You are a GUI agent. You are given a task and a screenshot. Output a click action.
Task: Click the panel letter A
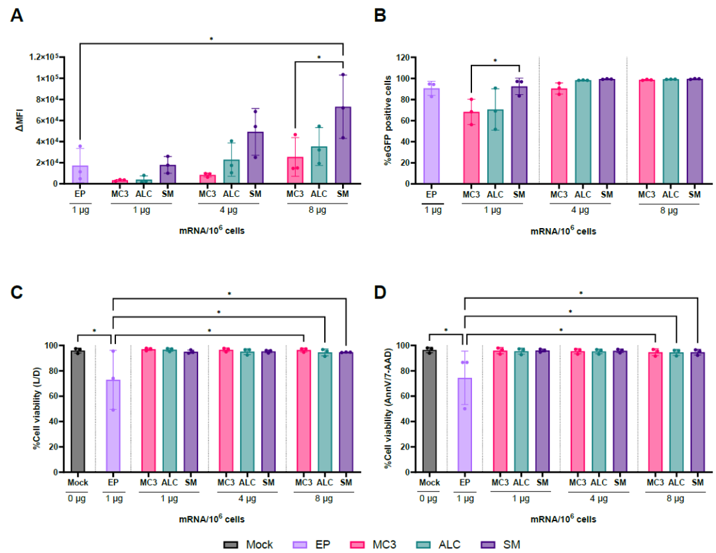(17, 15)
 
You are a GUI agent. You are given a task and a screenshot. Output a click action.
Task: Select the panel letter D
(380, 292)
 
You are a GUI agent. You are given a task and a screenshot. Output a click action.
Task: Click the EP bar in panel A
(80, 174)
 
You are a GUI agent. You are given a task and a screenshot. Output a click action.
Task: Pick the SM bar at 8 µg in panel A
(343, 145)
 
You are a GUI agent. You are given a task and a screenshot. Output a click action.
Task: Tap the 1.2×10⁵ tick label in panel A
(44, 56)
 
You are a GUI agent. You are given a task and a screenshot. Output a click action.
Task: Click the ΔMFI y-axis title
(19, 121)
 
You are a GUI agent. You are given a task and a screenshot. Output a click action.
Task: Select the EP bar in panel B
(432, 136)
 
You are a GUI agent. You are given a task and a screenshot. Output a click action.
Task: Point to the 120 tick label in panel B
(403, 58)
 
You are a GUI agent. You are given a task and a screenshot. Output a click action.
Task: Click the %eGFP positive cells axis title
(388, 121)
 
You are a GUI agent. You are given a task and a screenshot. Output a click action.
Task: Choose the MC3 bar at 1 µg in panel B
(471, 148)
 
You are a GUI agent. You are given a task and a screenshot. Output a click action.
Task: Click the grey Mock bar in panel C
(78, 412)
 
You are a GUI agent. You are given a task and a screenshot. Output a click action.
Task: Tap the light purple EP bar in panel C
(113, 426)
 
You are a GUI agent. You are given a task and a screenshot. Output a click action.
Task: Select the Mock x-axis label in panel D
(429, 482)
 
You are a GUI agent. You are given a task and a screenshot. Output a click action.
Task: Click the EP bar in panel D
(465, 425)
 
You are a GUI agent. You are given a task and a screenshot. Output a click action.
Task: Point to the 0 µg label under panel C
(77, 499)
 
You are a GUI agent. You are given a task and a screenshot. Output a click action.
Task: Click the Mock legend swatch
(231, 545)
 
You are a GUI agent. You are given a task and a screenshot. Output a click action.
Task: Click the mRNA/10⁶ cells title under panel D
(563, 519)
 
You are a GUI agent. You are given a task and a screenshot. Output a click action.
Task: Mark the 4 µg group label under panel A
(229, 210)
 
